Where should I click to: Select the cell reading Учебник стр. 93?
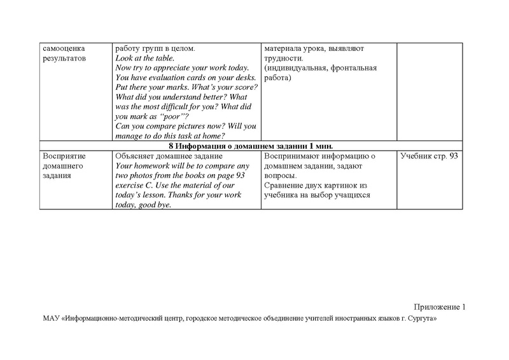430,156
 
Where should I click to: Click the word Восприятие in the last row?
64,156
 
